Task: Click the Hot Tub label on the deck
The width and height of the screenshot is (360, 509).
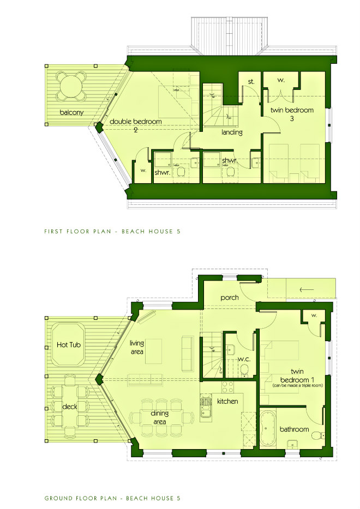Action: click(69, 344)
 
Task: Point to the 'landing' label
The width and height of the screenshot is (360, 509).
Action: click(232, 132)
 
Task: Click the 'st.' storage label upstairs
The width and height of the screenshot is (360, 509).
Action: click(251, 82)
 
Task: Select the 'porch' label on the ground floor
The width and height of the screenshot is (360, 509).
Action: click(230, 298)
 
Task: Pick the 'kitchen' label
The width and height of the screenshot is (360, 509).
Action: click(227, 401)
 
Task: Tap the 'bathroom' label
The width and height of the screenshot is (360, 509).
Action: click(295, 429)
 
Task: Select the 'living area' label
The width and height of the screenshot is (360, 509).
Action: click(137, 348)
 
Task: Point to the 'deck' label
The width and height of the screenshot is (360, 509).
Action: click(69, 407)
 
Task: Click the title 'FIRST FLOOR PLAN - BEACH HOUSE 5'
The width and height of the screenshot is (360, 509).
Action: click(112, 232)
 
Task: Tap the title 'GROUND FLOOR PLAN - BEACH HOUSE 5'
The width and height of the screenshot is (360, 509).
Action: click(112, 498)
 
